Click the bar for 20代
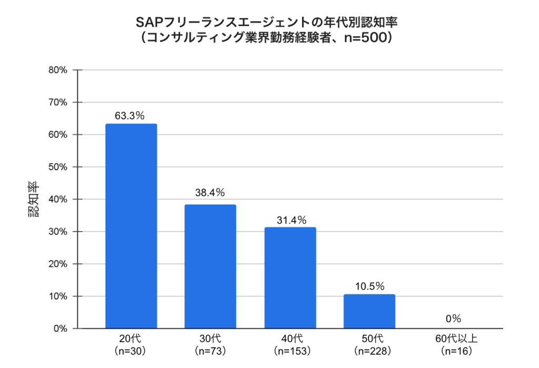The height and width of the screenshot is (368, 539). pyautogui.click(x=131, y=226)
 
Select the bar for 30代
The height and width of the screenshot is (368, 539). pyautogui.click(x=210, y=266)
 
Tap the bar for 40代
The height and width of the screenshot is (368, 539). pyautogui.click(x=290, y=278)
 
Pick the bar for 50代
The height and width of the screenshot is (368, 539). pyautogui.click(x=369, y=311)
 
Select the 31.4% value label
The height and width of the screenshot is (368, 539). pyautogui.click(x=290, y=220)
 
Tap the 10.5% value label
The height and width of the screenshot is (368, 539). pyautogui.click(x=369, y=287)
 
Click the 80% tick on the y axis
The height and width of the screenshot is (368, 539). pyautogui.click(x=57, y=70)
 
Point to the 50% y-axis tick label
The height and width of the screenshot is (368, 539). pyautogui.click(x=57, y=167)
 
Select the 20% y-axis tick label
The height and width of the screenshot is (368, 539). pyautogui.click(x=57, y=264)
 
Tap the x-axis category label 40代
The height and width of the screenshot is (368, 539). pyautogui.click(x=290, y=339)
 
